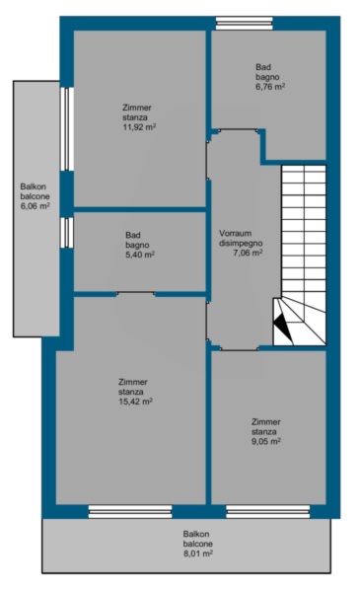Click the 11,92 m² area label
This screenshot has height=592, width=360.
click(139, 127)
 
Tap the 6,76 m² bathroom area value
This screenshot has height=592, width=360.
click(270, 87)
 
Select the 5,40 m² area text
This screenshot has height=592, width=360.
click(140, 255)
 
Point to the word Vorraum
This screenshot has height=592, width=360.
click(235, 233)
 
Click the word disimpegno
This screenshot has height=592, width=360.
click(241, 244)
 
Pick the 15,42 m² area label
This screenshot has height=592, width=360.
click(135, 402)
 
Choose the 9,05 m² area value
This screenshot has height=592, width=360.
click(266, 441)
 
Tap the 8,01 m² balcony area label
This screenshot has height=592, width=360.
click(197, 554)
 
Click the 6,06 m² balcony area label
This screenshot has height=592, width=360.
click(36, 206)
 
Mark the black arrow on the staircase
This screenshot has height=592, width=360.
click(283, 326)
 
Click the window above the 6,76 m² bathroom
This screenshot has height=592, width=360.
click(245, 23)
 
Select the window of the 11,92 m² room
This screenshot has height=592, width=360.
click(67, 129)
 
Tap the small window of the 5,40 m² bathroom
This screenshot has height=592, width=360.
click(67, 233)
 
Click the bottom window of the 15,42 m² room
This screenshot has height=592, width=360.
click(130, 512)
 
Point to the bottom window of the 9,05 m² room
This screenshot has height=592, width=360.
click(268, 512)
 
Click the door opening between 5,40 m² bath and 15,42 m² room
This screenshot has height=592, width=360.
click(135, 294)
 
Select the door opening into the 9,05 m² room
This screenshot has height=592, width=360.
click(240, 348)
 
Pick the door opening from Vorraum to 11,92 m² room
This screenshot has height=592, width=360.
click(208, 160)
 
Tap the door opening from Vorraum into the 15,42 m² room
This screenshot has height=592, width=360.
click(208, 321)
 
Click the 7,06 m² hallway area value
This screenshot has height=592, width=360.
click(248, 253)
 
